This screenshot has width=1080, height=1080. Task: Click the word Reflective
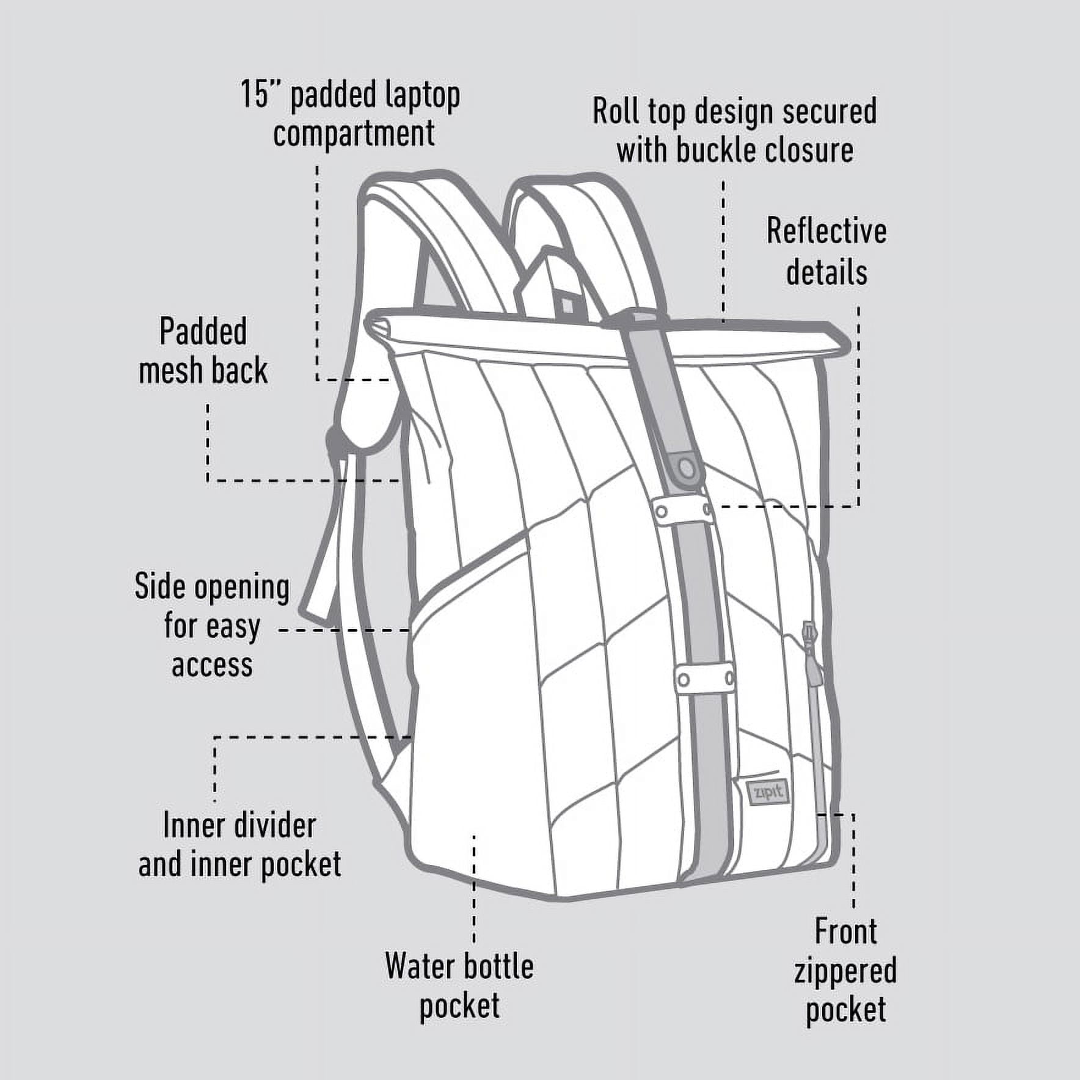point(826,231)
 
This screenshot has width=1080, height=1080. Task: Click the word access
point(212,665)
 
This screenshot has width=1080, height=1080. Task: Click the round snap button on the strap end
point(687,469)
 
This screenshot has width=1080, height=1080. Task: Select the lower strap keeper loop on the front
point(705,679)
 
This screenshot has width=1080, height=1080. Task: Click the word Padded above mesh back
point(203,332)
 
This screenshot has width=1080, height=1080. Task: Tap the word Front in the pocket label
point(845,932)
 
